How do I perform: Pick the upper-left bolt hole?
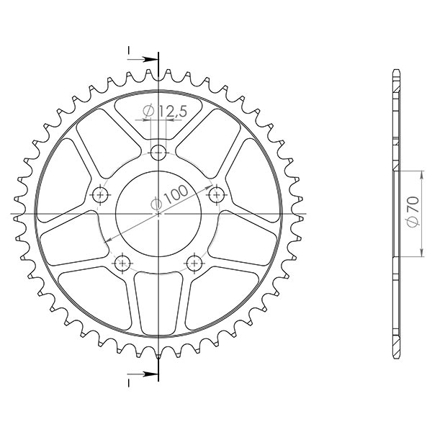[x=99, y=194]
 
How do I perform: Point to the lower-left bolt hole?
[x=122, y=262]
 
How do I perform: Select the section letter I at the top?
[x=129, y=50]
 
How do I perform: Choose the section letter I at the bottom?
[x=129, y=382]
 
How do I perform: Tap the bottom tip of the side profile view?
[x=395, y=358]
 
